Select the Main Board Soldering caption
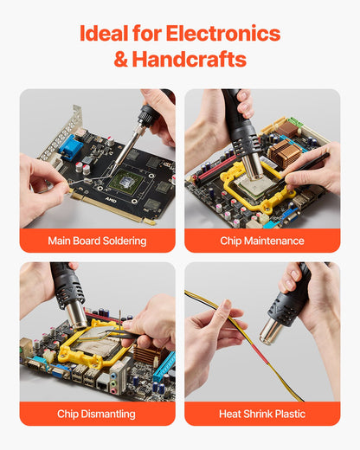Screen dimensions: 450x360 97,241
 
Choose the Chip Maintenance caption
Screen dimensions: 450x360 262,241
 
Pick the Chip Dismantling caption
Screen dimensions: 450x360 97,414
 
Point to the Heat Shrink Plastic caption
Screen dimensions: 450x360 262,414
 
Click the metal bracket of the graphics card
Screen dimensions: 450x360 61,130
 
